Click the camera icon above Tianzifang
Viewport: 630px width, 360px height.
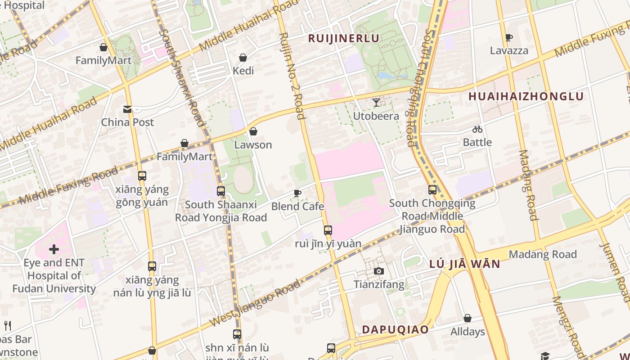[x=379, y=271]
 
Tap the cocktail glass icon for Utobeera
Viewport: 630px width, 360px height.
[x=376, y=103]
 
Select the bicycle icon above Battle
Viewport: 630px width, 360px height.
[x=477, y=129]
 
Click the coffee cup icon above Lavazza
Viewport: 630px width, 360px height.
[x=509, y=37]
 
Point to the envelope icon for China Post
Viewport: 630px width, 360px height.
[x=127, y=109]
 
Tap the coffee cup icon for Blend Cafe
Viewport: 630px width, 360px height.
[x=297, y=193]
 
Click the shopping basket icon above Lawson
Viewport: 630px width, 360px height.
[x=253, y=131]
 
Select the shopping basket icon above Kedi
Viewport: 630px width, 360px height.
[x=243, y=58]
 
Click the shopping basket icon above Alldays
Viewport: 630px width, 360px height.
[x=468, y=318]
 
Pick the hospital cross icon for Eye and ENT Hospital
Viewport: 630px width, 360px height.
[x=54, y=249]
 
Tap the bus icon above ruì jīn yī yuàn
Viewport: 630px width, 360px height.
[x=328, y=230]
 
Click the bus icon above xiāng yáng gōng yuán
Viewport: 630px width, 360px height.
[x=142, y=176]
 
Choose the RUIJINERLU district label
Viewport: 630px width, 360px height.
[x=344, y=38]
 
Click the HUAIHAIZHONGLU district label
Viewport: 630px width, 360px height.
[x=526, y=96]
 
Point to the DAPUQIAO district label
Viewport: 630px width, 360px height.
[x=395, y=329]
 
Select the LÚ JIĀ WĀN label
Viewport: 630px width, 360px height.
[x=465, y=264]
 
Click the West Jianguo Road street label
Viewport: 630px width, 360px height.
[x=255, y=303]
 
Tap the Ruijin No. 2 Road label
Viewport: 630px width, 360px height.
[x=292, y=76]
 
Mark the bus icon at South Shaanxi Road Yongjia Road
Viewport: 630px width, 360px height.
[x=220, y=191]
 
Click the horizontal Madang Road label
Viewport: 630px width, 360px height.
[x=542, y=254]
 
